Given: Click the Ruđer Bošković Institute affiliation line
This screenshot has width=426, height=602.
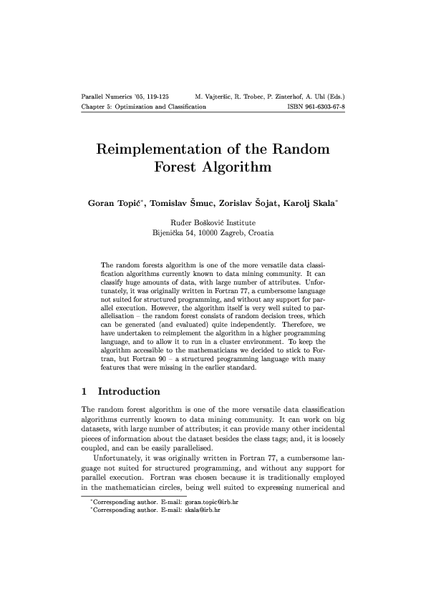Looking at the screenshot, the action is coord(213,222).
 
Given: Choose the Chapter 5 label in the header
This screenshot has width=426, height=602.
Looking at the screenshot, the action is coord(97,106).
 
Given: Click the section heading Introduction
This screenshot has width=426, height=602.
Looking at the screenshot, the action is coord(129,392).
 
